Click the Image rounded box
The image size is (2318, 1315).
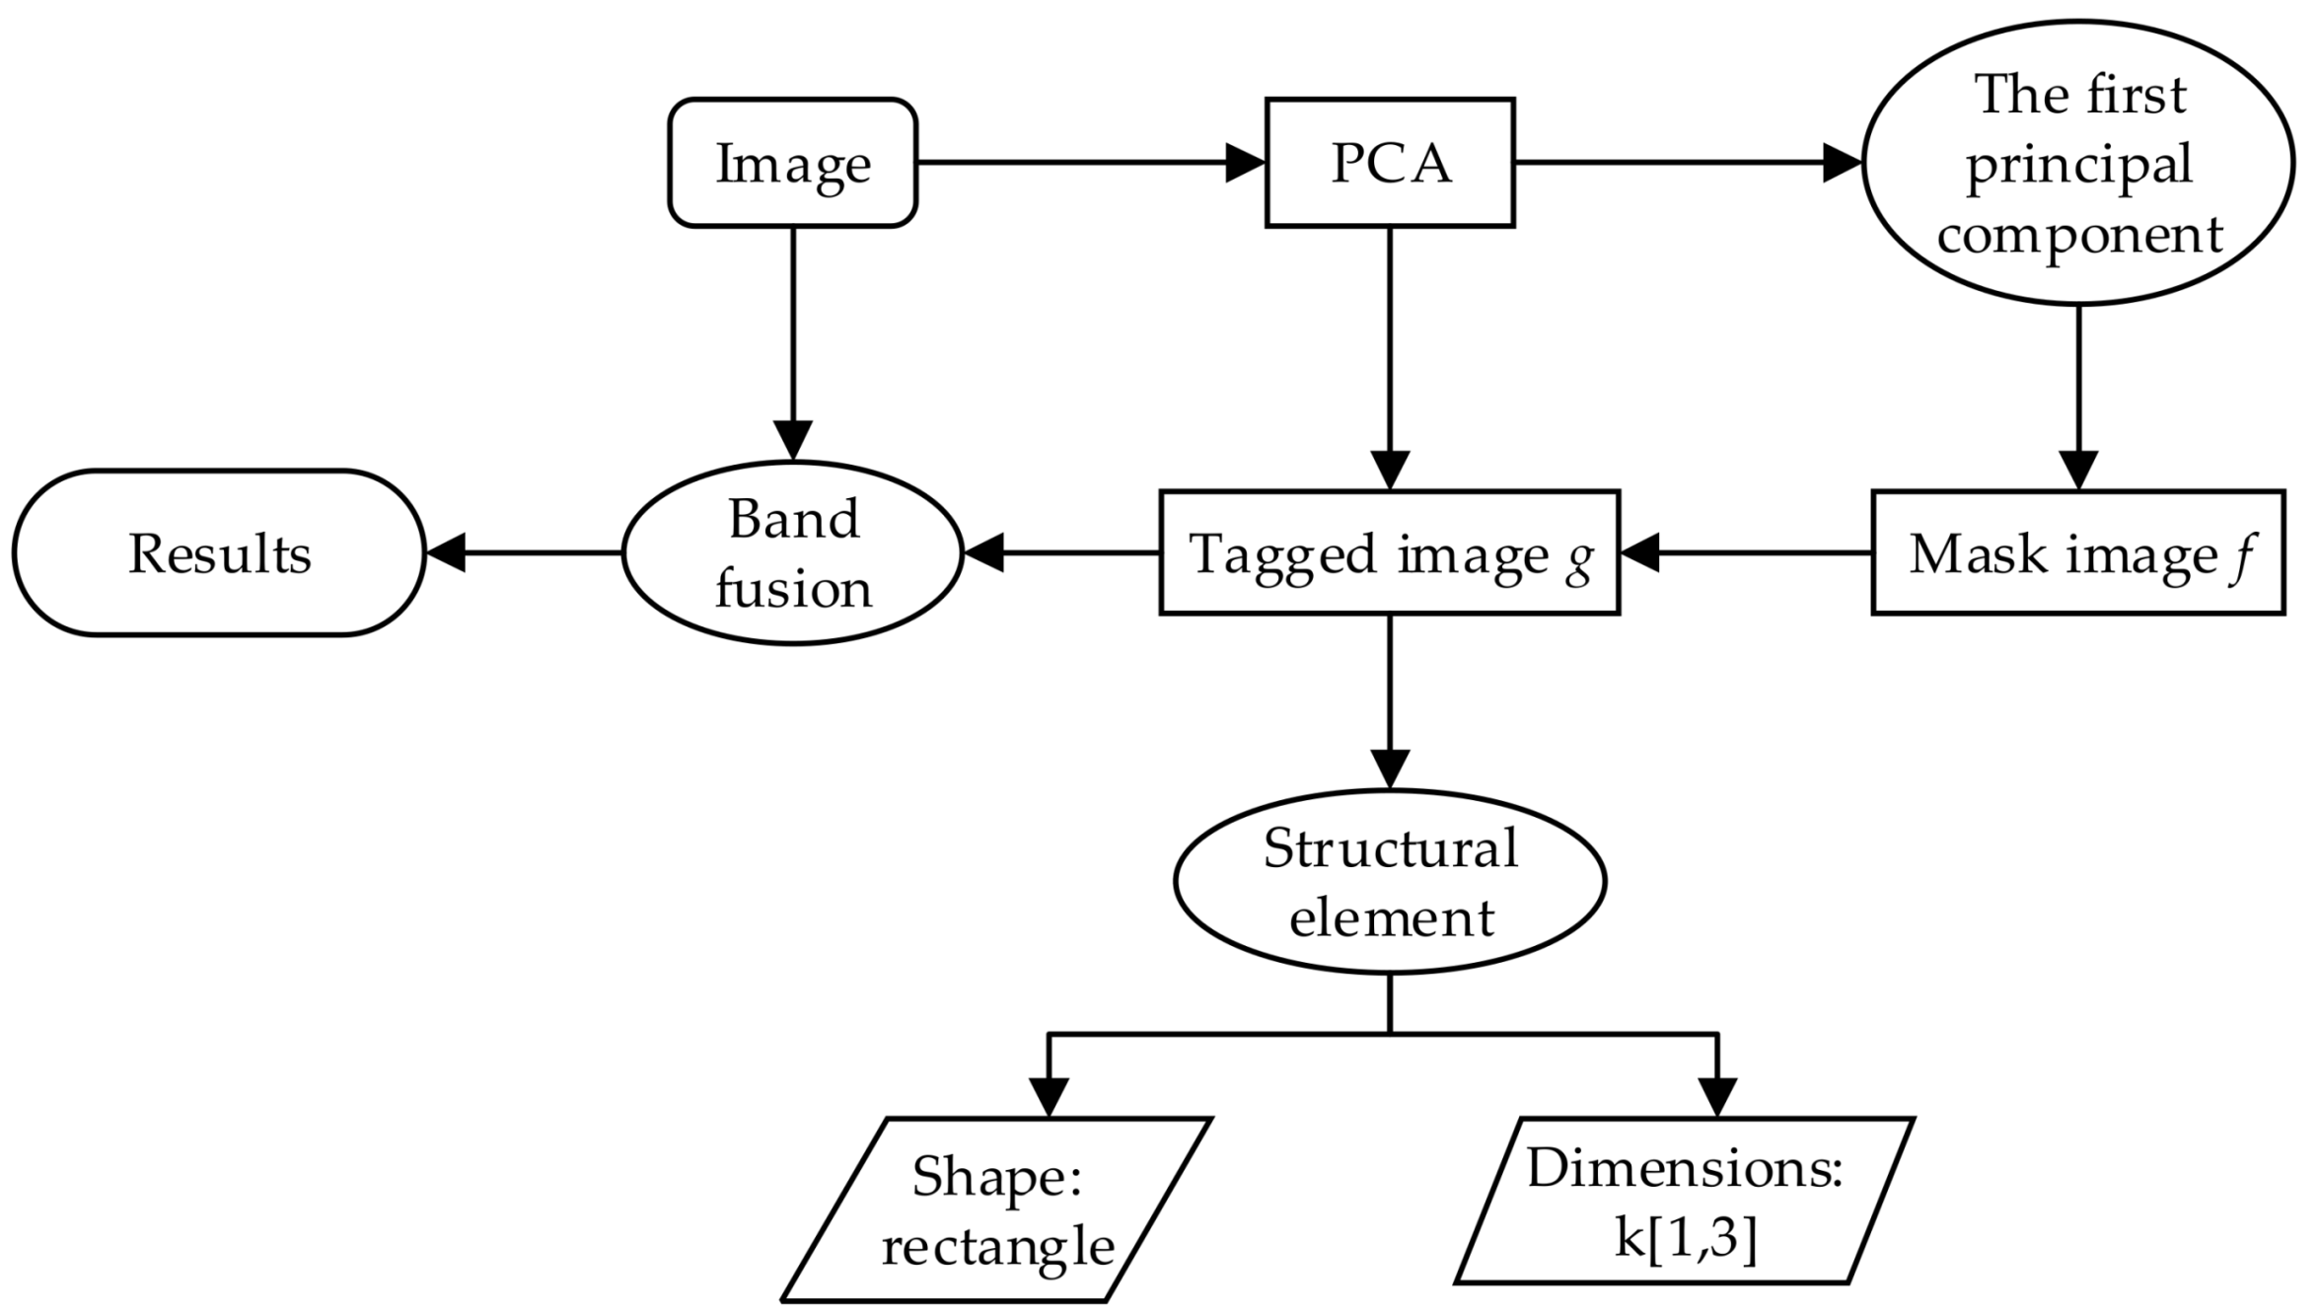tap(792, 163)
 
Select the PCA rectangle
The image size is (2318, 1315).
tap(1389, 163)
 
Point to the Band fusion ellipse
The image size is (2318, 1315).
tap(792, 552)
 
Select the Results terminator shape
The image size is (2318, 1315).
tap(219, 552)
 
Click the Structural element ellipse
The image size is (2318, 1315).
tap(1389, 881)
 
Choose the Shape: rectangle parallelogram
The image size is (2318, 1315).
tap(996, 1210)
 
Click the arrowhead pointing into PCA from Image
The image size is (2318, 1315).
tap(1245, 163)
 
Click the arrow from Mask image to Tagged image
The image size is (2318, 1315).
tap(1746, 552)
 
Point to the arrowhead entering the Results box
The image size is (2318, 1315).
tap(446, 552)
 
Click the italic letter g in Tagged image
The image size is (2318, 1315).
tap(1579, 558)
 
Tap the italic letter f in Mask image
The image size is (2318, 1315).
tap(2242, 554)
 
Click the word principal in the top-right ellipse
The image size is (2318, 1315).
tap(2078, 166)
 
